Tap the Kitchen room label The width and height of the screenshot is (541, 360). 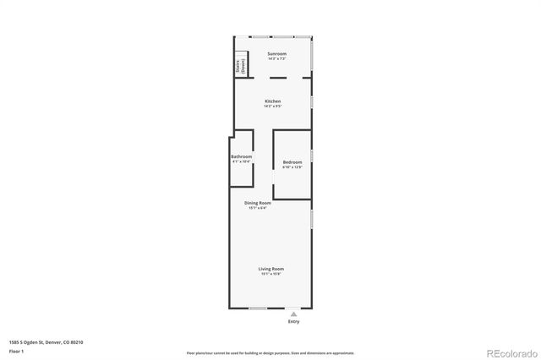tap(272, 101)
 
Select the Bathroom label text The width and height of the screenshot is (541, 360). tap(242, 156)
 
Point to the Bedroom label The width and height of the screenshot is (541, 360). tap(292, 161)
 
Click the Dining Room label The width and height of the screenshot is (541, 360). tap(258, 203)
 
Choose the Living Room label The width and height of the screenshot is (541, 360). tap(271, 269)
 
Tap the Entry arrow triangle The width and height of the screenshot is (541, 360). tap(294, 314)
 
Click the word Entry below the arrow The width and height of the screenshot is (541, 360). tap(294, 322)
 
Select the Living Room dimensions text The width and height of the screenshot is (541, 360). tap(271, 274)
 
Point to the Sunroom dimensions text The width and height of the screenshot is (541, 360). tap(277, 59)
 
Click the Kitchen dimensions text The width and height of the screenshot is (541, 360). tap(272, 106)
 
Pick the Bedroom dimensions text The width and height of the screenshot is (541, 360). tap(292, 166)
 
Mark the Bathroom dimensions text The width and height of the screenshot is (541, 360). tap(242, 161)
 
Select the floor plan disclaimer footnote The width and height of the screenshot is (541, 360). tap(270, 352)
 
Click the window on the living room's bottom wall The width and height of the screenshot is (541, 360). tap(258, 308)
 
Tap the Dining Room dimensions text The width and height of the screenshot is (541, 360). tap(258, 208)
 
